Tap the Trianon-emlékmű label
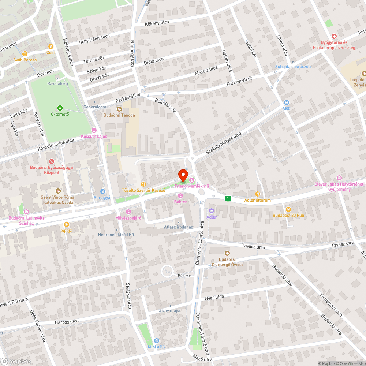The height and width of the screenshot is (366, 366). (189, 186)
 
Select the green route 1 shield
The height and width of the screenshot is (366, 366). (228, 198)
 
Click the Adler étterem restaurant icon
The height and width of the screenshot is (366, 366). (258, 194)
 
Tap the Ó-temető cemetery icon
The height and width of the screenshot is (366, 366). (60, 108)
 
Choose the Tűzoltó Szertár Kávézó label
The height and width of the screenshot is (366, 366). (144, 190)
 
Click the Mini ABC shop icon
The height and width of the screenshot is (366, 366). (157, 340)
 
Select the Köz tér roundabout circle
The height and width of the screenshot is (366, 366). (168, 271)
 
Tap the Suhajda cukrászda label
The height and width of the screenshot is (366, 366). (293, 67)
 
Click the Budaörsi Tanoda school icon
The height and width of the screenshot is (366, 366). (119, 109)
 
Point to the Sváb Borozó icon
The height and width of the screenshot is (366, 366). (25, 53)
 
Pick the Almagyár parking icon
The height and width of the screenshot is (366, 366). (103, 191)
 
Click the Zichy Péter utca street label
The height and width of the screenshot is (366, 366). (94, 40)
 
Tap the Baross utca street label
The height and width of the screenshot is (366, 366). (67, 322)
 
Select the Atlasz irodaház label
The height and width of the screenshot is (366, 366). (178, 227)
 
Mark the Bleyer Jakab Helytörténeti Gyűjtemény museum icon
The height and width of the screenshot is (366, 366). (339, 178)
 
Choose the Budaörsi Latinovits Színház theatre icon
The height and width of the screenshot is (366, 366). (26, 212)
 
